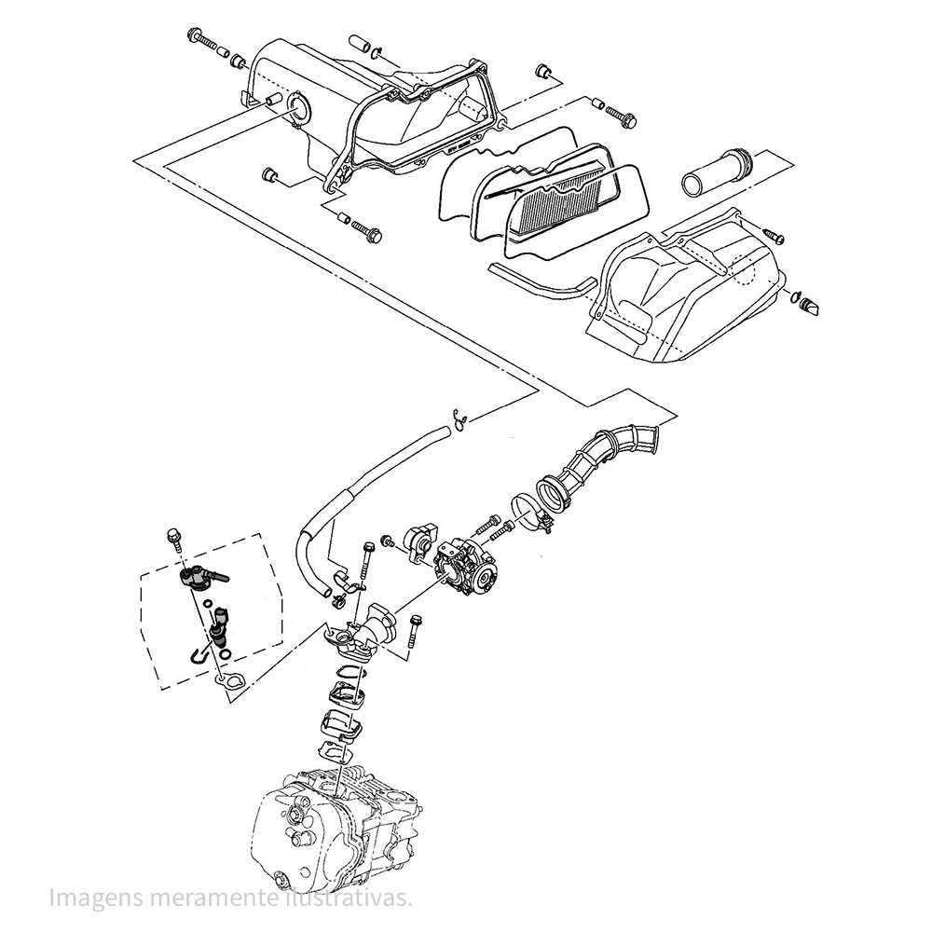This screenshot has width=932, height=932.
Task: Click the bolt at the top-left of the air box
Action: pyautogui.click(x=201, y=40)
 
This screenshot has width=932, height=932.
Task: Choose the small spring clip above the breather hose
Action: pyautogui.click(x=458, y=421)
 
